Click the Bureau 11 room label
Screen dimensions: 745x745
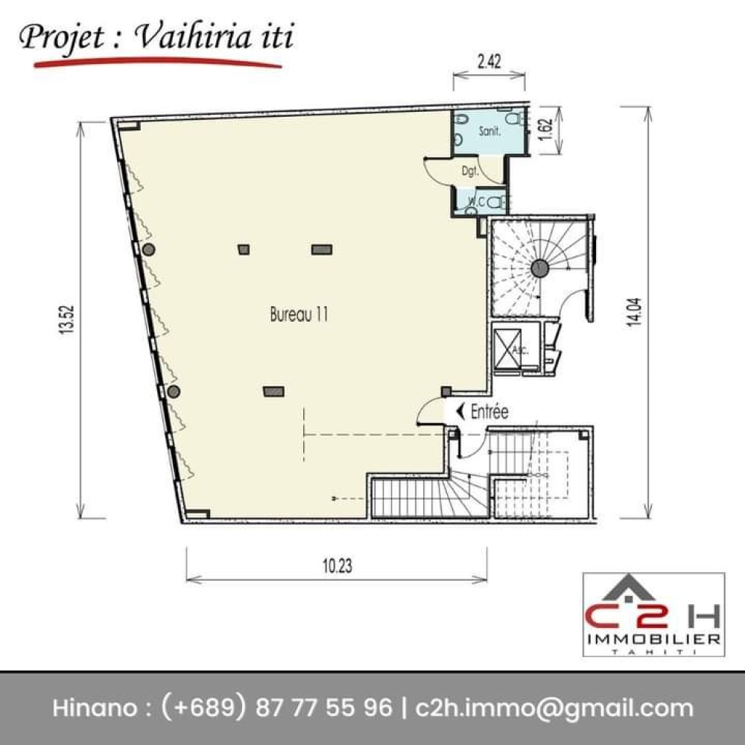coord(299,314)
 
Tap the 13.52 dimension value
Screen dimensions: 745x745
coord(67,320)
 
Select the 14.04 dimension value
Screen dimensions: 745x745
coord(634,311)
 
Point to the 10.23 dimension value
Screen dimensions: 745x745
coord(337,566)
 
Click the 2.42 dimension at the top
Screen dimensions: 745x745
coord(489,61)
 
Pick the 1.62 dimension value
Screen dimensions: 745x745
coord(546,129)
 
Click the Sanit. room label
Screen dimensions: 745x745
coord(489,130)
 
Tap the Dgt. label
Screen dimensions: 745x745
coord(470,171)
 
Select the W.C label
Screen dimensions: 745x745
coord(476,201)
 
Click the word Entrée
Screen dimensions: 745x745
coord(489,411)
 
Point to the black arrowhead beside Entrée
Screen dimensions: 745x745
coord(460,411)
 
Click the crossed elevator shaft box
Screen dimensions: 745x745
coord(507,348)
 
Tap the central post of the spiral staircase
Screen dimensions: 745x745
coord(539,268)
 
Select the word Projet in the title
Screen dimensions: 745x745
coord(61,38)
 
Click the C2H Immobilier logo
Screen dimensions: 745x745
coord(654,615)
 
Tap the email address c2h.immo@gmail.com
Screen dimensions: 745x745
coord(554,708)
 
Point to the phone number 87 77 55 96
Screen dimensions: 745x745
coord(324,708)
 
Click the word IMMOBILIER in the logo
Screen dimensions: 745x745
coord(654,639)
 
